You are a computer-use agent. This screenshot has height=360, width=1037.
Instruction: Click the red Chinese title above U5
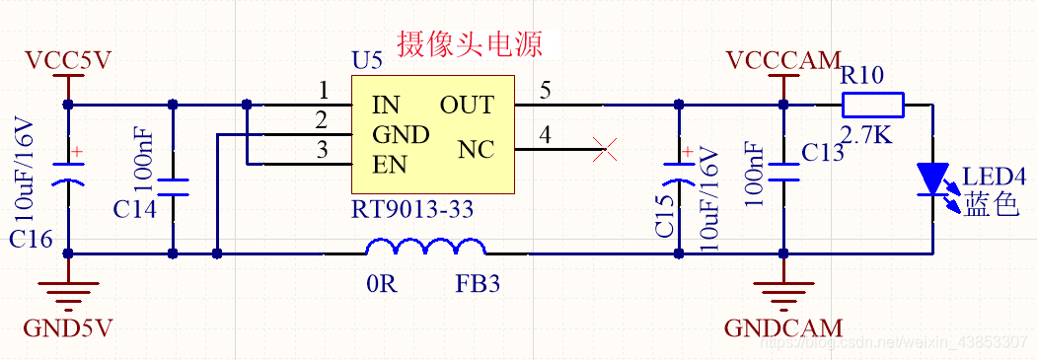[469, 44]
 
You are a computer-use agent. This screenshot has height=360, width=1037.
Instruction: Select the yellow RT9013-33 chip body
[433, 134]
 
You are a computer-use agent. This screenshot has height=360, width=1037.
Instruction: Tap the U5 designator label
[367, 61]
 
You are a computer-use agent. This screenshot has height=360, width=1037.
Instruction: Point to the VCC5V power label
[68, 61]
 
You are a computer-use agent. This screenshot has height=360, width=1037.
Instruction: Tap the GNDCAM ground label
[783, 327]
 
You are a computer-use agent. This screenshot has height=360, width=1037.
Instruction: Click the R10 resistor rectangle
[872, 105]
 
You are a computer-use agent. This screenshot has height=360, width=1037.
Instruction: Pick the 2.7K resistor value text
[866, 134]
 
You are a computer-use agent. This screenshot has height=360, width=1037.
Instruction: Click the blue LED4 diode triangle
[932, 178]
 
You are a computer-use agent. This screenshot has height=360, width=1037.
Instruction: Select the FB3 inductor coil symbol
[425, 249]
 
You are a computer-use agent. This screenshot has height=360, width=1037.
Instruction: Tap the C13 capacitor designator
[823, 152]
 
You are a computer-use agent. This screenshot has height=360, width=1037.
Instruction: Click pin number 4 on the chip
[545, 136]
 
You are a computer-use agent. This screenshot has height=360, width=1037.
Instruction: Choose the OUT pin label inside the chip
[467, 105]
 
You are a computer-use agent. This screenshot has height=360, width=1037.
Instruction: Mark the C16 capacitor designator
[31, 240]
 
